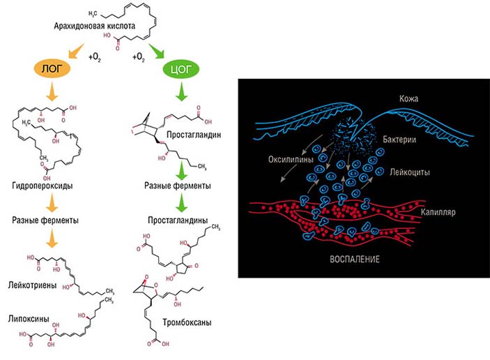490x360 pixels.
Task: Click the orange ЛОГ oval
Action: tap(47, 68)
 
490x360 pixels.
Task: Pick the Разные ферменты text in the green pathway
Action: tap(178, 186)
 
